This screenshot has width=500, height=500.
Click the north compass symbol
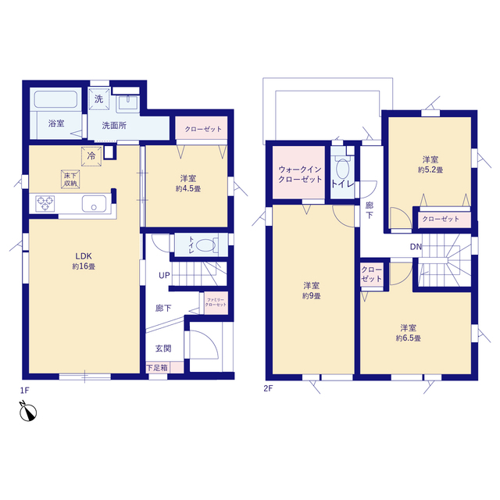pos(28,411)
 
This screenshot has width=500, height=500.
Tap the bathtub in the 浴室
pos(56,99)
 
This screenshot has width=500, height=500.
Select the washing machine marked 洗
pos(99,99)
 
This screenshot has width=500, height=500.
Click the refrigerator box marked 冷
pos(91,156)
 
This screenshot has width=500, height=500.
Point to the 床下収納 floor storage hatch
pos(70,179)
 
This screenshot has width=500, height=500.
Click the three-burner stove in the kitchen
pos(45,203)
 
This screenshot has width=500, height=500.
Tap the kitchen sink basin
pos(94,203)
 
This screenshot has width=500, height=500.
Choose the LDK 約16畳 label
pos(84,261)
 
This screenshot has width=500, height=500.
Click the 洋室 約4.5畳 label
pos(188,184)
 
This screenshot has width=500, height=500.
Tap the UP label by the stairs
pos(164,275)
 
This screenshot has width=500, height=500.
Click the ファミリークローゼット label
pos(216,302)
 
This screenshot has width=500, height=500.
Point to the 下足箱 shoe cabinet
pos(165,368)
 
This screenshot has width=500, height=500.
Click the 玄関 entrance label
pos(163,348)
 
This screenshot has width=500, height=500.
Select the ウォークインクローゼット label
pos(300,174)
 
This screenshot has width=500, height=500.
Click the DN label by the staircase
pos(416,247)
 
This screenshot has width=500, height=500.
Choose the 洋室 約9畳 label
pos(312,291)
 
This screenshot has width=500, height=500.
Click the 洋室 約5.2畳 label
pos(430,165)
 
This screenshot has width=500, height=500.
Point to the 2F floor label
pos(268,388)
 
